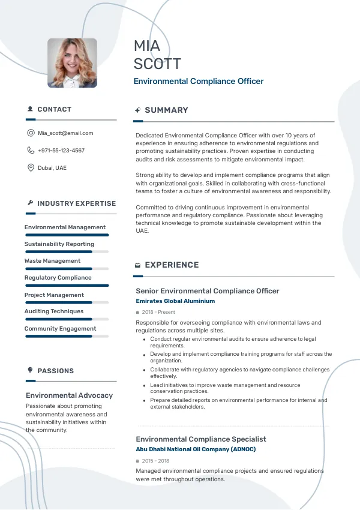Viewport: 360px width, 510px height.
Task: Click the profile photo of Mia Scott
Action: pos(72,63)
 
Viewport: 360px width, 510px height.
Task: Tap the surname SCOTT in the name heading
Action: pos(157,64)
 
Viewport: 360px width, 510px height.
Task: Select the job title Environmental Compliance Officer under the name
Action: pos(199,82)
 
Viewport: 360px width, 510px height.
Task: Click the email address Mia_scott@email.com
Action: pos(65,133)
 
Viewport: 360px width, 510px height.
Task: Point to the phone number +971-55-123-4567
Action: pos(61,151)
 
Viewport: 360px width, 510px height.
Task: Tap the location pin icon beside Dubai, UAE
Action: pos(31,168)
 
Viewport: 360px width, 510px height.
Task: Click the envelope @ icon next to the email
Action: pos(31,133)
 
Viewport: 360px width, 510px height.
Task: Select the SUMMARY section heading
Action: pos(166,110)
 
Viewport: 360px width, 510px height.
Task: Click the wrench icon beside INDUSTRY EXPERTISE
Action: pos(31,203)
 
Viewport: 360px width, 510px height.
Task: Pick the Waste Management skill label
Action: pos(52,261)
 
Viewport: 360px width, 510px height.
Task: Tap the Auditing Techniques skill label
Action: pos(54,311)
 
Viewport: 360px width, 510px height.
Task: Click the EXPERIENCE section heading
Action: pos(172,265)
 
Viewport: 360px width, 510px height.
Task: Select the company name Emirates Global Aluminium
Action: pos(175,301)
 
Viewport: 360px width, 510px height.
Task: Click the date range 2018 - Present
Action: pos(158,313)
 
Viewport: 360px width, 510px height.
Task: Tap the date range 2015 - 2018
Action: pos(155,461)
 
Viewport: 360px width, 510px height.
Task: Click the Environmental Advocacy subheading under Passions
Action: pos(70,395)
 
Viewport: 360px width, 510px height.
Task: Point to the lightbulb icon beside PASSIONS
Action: pos(31,370)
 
